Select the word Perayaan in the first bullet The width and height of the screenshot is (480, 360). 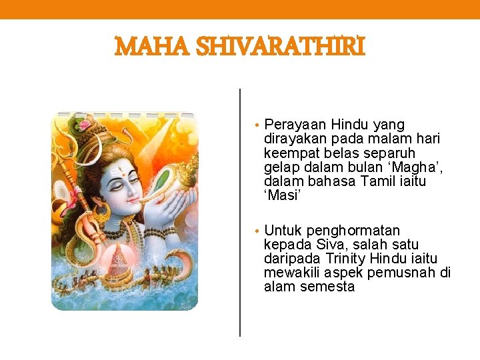[x=291, y=125]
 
